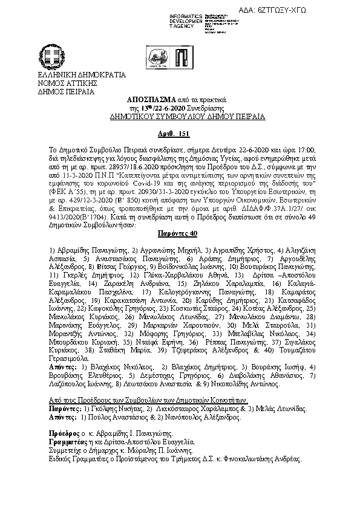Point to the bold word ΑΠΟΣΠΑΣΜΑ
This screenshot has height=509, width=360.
[152, 98]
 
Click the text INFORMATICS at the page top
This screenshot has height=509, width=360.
[183, 13]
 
